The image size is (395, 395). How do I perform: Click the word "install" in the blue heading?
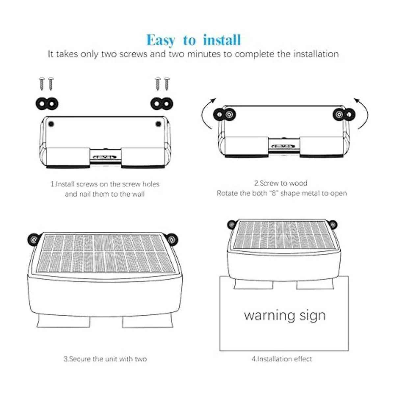(222, 40)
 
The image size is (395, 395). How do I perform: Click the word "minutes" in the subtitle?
(204, 54)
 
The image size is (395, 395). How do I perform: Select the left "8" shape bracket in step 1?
(47, 104)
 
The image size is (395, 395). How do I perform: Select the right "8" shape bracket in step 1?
(162, 104)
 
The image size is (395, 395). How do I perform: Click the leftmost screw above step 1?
(42, 84)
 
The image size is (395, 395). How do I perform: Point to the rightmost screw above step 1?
(167, 84)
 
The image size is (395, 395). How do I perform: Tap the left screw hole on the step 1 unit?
(51, 124)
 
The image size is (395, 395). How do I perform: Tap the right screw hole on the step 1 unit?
(158, 124)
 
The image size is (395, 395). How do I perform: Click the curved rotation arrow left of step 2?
(203, 113)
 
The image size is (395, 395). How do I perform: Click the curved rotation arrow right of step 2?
(366, 113)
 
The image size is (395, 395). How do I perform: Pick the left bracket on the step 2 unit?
(224, 114)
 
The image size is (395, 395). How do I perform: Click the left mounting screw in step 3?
(34, 239)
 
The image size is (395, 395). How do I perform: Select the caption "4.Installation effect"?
(282, 359)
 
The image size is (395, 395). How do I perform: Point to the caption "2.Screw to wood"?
(281, 183)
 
